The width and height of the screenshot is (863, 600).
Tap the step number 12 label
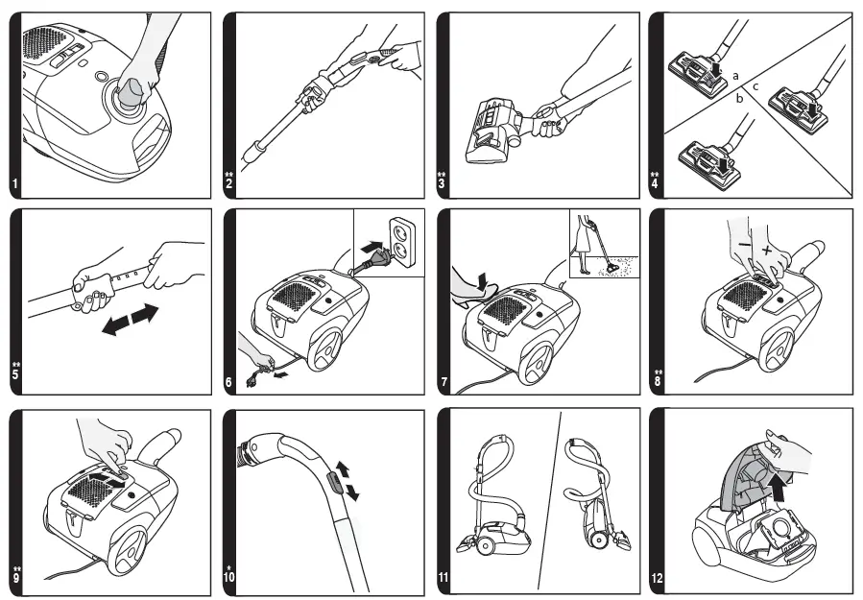point(656,579)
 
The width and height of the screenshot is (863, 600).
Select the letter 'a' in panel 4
point(734,74)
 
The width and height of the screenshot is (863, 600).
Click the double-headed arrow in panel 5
point(130,320)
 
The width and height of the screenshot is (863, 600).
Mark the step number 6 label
point(228,383)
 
